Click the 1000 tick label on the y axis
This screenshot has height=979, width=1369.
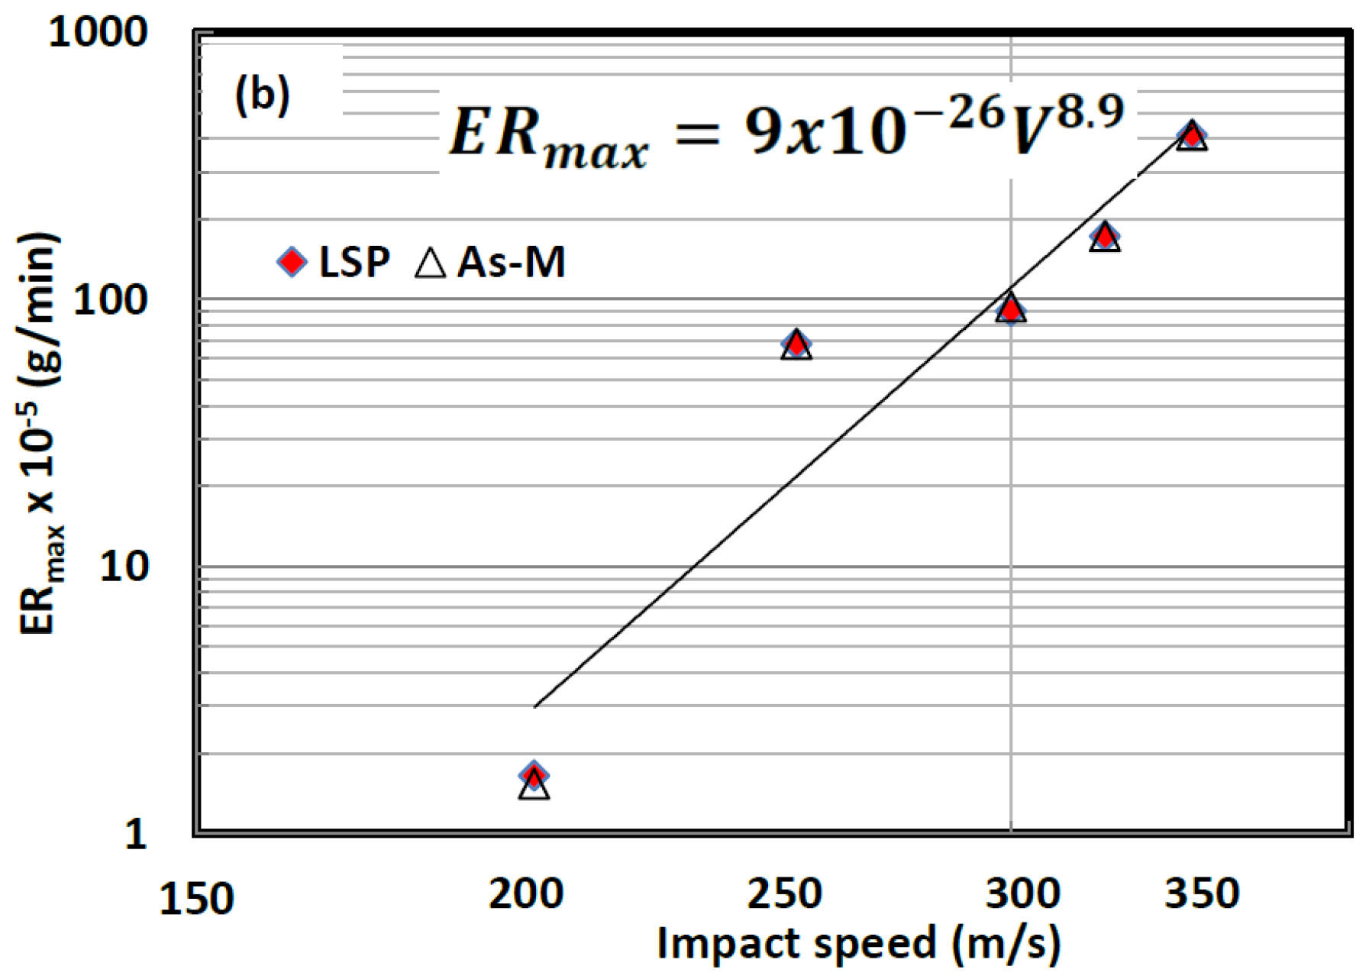(97, 34)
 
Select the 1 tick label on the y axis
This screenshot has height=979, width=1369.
(135, 834)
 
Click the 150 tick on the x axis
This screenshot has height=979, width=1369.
(195, 899)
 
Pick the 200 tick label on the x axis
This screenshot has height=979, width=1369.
(525, 893)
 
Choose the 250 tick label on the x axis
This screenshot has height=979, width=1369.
(784, 893)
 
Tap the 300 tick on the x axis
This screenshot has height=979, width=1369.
(1022, 893)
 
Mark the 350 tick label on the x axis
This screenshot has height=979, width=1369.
(1201, 893)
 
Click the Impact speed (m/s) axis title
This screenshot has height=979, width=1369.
(858, 944)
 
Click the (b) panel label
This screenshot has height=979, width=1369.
(262, 95)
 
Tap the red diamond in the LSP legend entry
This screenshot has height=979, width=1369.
(292, 262)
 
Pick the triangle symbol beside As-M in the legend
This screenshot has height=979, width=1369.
(430, 263)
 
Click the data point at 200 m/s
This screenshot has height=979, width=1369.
(534, 777)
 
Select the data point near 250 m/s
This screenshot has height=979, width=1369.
(796, 344)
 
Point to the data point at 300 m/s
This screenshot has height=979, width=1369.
(1011, 309)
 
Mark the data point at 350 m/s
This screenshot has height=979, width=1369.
(1191, 137)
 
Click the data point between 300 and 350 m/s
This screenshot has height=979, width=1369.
(1104, 237)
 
